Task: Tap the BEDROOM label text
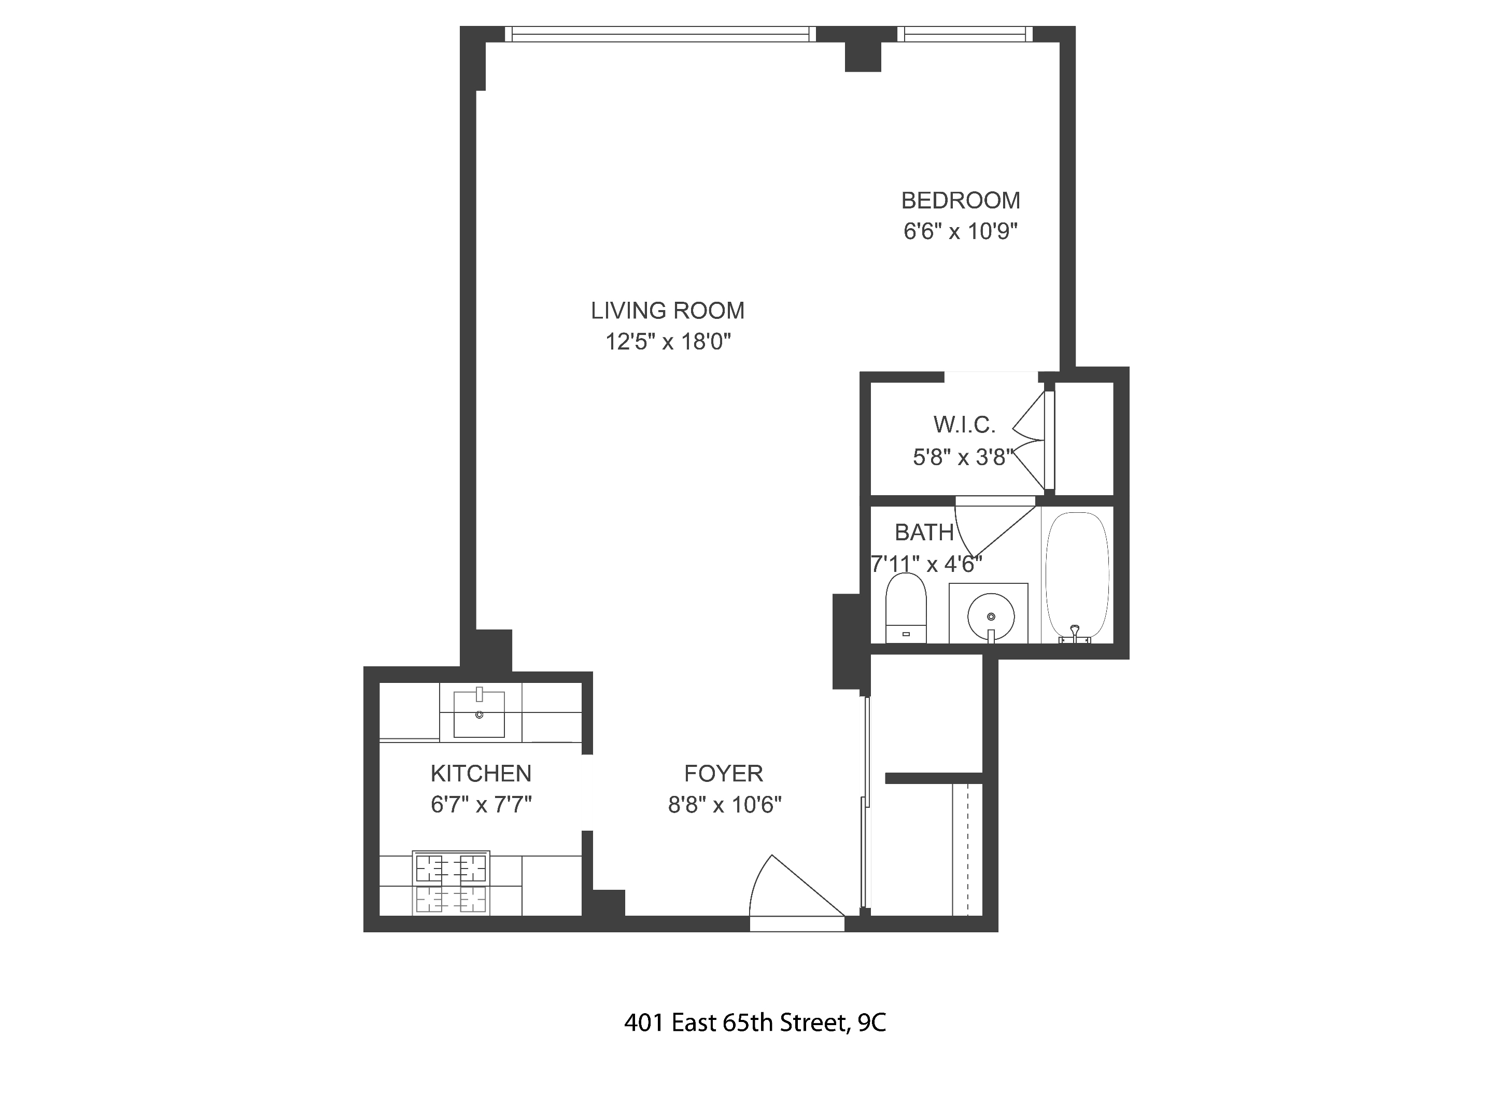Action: [961, 201]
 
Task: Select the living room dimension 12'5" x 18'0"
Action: [668, 342]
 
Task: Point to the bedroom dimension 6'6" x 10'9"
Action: [961, 232]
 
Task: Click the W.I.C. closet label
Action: [964, 425]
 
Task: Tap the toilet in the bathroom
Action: [906, 608]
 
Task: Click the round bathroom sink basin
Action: [991, 615]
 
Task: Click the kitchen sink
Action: [478, 713]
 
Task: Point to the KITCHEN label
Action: [481, 773]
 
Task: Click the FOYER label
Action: [724, 773]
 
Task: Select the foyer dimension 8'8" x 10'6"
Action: [724, 805]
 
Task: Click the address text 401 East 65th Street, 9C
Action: [755, 1024]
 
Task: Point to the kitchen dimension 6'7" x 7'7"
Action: [481, 805]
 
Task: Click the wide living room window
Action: [660, 34]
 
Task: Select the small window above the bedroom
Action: [965, 34]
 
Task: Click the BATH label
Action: [923, 533]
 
